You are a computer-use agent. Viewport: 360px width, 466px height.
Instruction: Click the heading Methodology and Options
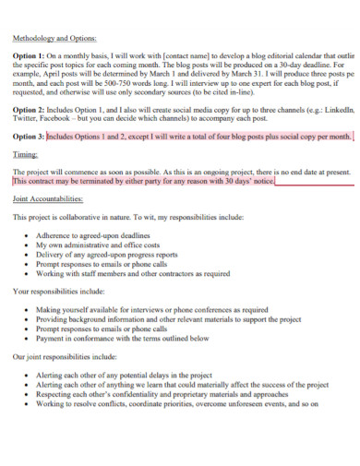54,39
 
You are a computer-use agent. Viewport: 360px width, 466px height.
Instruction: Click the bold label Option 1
30,56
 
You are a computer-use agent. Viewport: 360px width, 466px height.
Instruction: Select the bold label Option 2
30,110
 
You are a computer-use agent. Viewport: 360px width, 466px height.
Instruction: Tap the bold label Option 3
30,137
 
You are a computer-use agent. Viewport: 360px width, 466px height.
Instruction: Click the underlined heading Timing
26,155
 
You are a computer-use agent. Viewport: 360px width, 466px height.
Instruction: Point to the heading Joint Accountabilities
53,198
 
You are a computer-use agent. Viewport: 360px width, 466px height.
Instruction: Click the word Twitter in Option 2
28,119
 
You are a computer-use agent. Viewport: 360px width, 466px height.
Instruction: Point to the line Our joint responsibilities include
65,355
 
